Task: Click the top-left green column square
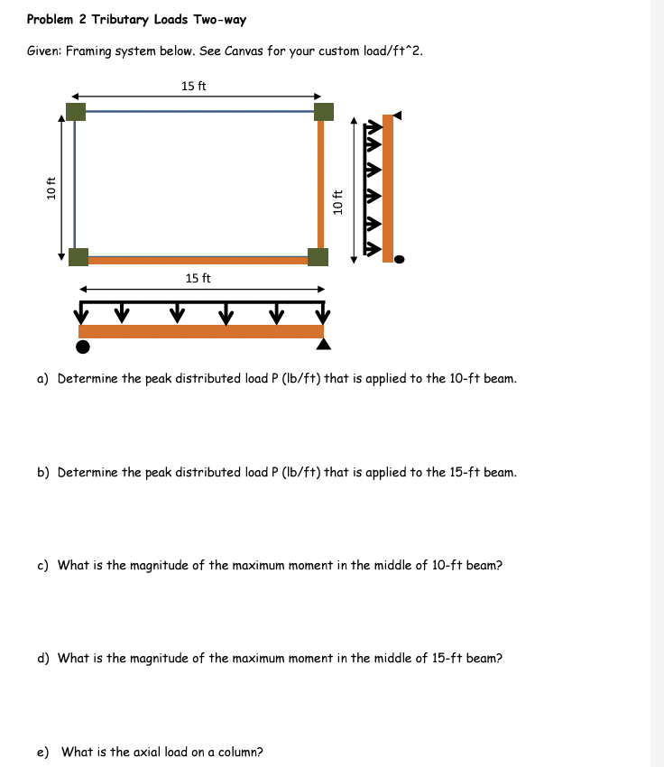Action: point(76,111)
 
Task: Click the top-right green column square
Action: point(323,111)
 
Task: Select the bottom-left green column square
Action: point(78,256)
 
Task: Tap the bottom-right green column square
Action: point(318,256)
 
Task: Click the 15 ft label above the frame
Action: point(193,86)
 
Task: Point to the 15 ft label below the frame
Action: point(198,278)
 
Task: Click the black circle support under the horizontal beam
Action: point(83,347)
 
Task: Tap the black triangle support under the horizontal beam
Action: point(324,345)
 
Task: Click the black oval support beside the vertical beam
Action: point(400,259)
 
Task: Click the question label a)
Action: point(42,378)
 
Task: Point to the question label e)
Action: point(42,752)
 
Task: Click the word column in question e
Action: point(239,752)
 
